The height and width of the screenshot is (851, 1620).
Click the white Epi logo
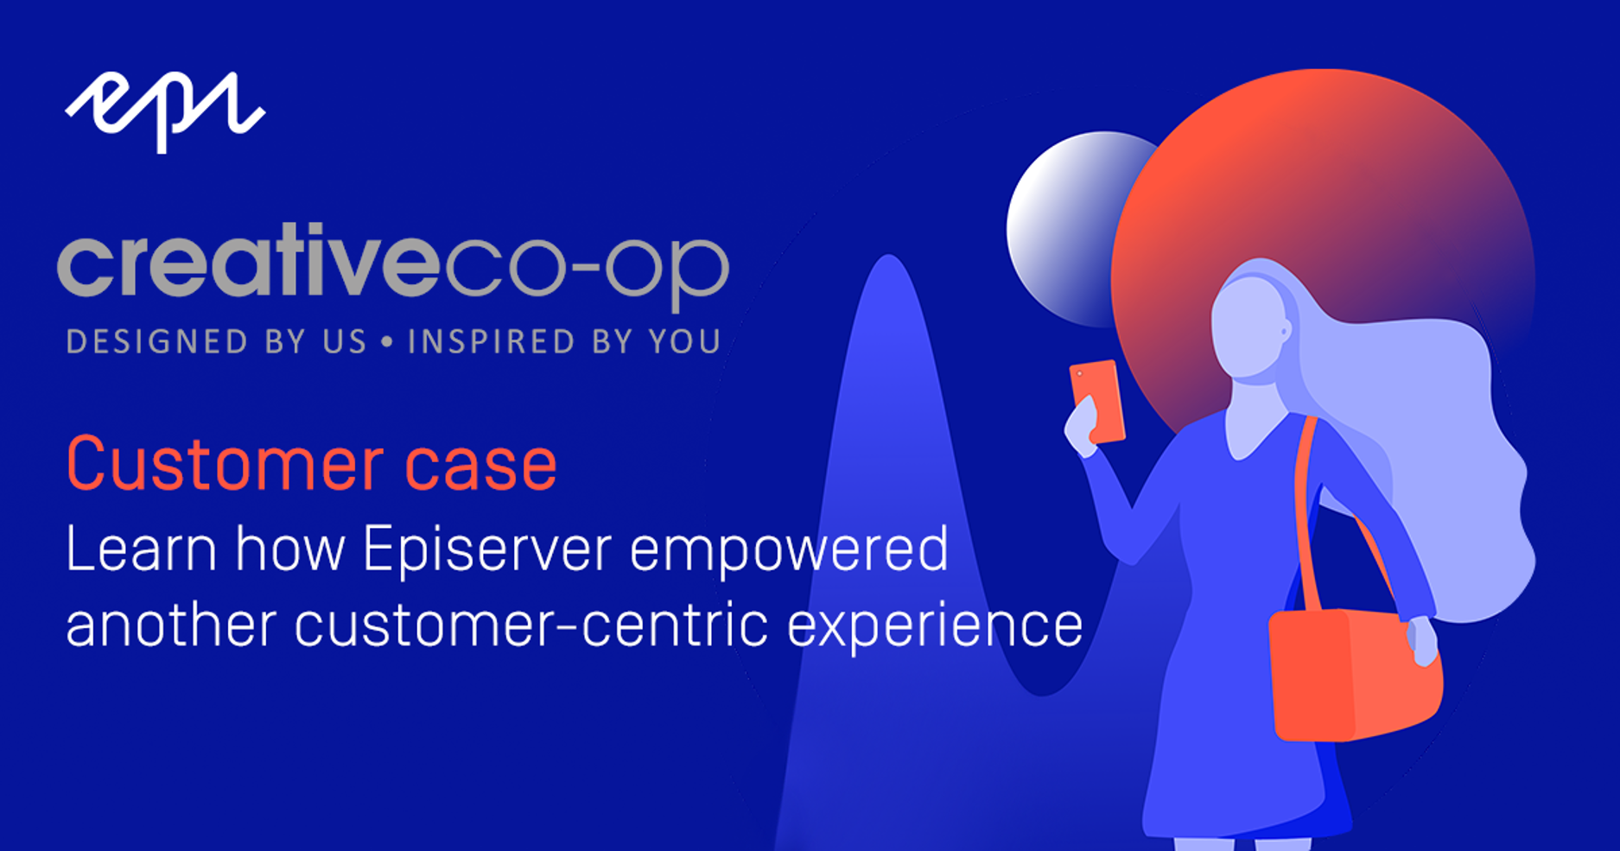[x=165, y=111]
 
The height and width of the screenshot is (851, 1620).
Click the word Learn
[x=141, y=549]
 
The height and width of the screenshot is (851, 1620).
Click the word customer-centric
[x=531, y=625]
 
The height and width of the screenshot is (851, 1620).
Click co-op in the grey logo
[x=586, y=270]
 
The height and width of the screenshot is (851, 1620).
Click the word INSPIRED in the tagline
[x=491, y=342]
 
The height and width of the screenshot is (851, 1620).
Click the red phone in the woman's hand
[x=1097, y=400]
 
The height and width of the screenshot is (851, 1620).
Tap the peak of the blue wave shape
[x=887, y=257]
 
